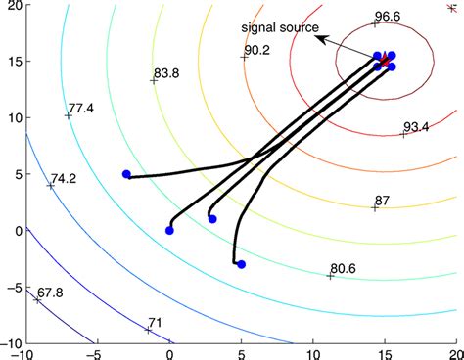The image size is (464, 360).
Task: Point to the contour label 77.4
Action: coord(81,107)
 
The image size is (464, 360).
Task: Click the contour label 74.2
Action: coord(64,179)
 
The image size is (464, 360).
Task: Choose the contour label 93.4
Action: coord(417,127)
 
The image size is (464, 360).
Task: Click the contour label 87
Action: coord(382,201)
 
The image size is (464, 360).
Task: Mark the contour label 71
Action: coord(155,322)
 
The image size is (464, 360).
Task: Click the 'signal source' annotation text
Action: coord(280,28)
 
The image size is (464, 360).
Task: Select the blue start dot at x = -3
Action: coord(126,174)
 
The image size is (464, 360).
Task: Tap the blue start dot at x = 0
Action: coord(169,231)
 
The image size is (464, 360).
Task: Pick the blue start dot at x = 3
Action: coord(212,219)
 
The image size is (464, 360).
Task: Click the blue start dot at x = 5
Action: coord(241,264)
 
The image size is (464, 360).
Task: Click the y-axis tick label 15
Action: coord(9,61)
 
